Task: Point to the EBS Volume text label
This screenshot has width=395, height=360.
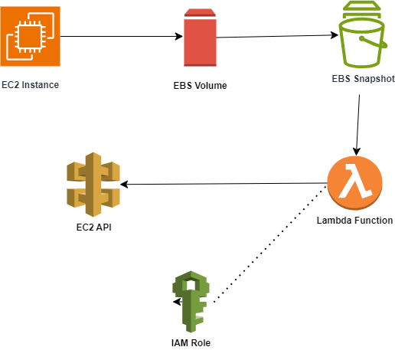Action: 199,84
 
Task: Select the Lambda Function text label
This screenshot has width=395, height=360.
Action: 354,221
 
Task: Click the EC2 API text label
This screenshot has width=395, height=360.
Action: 93,227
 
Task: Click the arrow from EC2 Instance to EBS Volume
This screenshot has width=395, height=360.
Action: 122,36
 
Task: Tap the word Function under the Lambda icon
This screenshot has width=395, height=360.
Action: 373,221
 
